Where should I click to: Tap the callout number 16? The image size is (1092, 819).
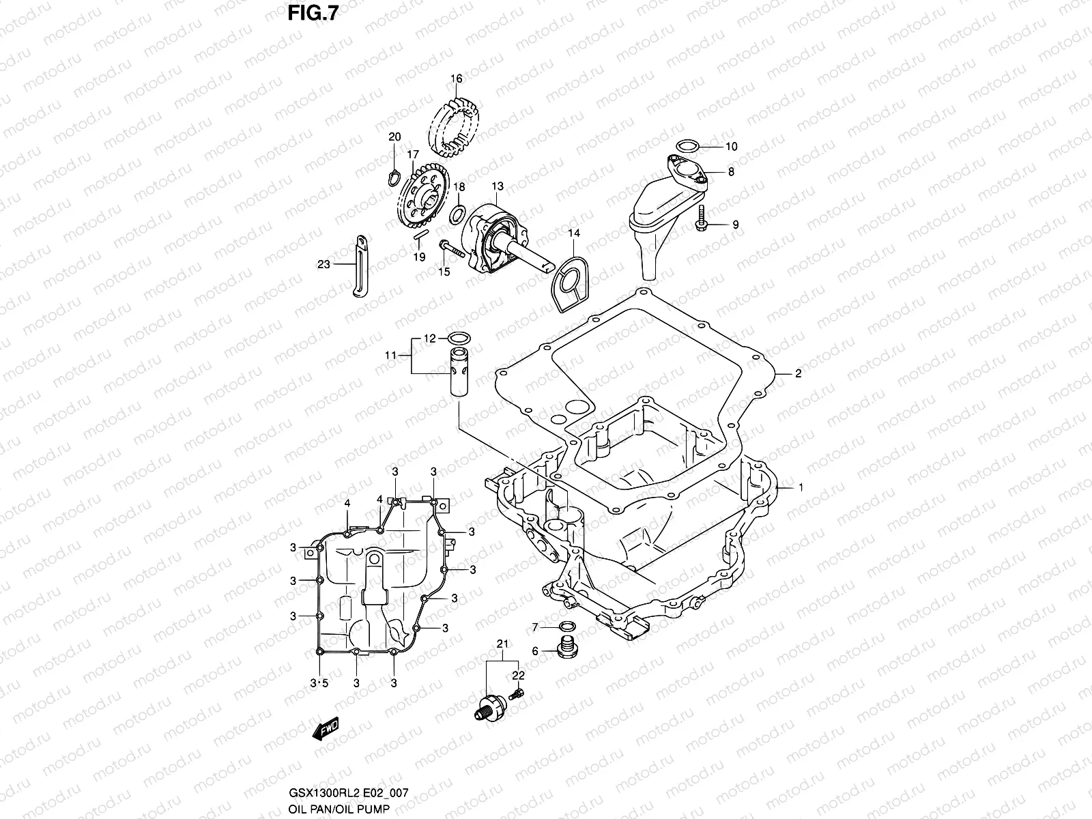click(x=457, y=79)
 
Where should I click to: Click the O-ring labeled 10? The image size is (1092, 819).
click(x=687, y=145)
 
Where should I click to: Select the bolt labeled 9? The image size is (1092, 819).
click(x=702, y=225)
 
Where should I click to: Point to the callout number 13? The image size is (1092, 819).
click(x=498, y=186)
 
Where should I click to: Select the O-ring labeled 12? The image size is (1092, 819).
click(x=457, y=337)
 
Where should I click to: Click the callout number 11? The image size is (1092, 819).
click(x=390, y=355)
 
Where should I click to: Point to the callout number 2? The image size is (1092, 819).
click(x=797, y=373)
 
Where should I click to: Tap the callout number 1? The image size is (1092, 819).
click(x=801, y=487)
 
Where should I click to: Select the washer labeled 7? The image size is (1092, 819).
click(x=566, y=627)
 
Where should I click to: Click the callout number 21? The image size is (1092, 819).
click(x=503, y=644)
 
